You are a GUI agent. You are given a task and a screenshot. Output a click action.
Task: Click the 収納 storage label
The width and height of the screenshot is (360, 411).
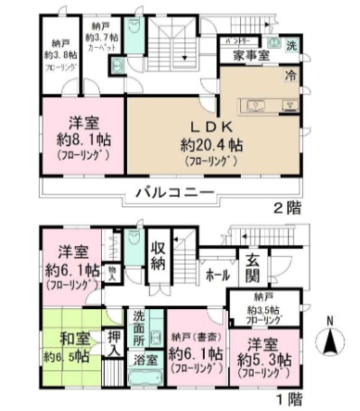point(159,256)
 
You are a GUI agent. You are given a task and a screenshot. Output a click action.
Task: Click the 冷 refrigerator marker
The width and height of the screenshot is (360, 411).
point(291,74)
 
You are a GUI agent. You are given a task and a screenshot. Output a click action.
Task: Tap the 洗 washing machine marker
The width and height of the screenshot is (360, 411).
point(291,46)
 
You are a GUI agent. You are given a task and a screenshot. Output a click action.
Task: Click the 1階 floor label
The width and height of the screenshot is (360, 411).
point(287,398)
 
